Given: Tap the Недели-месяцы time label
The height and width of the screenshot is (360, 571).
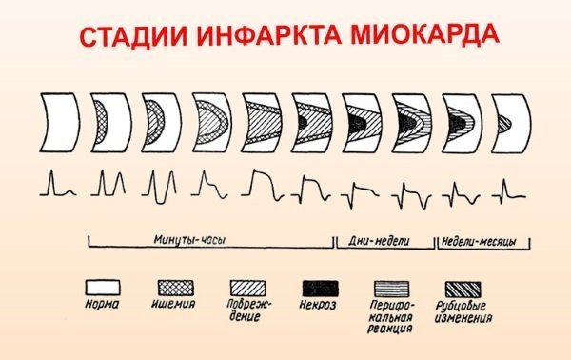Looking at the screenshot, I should pos(478,241).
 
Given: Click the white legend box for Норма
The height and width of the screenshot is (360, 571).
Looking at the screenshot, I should pos(106,286).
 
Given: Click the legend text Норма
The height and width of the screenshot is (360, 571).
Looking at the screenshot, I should pos(104,305).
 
